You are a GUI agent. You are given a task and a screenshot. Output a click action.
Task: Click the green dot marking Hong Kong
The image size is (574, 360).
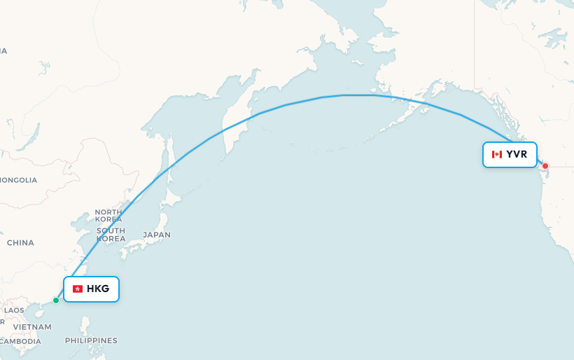pos(56,300)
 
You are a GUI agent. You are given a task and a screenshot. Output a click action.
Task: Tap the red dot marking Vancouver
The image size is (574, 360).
pos(545,166)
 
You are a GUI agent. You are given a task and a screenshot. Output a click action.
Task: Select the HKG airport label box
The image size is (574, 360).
pos(92,289)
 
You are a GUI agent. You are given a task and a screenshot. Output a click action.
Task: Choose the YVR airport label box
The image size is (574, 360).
pos(510,154)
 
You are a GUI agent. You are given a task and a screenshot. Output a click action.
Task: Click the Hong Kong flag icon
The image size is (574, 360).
pos(77,289)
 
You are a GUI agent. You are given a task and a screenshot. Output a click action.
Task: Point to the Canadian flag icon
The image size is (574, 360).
pos(496,154)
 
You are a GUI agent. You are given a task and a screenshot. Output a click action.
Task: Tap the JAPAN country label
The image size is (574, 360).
pos(156,235)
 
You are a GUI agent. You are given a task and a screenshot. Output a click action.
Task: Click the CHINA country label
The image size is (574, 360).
pos(20,243)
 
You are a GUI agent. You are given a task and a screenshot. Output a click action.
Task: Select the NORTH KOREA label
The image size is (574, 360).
pos(108,216)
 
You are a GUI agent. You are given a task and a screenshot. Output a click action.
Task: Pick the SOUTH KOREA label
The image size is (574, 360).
pos(111,235)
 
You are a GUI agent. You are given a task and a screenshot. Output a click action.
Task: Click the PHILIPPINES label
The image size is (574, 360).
pos(91,341)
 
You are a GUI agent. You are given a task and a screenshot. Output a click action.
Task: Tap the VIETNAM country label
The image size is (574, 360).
pos(32,327)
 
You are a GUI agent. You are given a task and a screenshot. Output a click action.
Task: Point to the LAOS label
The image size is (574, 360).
pos(14,310)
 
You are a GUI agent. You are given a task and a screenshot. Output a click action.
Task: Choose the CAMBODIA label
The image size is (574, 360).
pos(20,341)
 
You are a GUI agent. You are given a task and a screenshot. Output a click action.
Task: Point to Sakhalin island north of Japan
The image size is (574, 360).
pos(169,151)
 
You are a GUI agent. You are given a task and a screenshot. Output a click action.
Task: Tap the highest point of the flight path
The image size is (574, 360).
pos(357,95)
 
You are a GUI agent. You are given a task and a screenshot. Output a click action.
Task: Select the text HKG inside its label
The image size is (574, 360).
pos(98,289)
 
